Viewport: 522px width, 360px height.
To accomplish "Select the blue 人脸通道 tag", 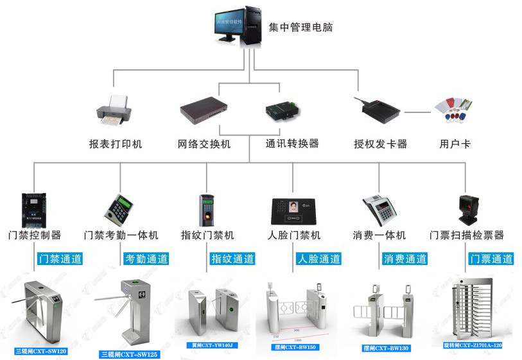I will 319,259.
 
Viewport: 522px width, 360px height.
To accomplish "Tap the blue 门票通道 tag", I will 491,259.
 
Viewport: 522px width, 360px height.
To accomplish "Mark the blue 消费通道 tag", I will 405,259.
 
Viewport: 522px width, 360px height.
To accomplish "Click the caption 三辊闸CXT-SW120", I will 41,352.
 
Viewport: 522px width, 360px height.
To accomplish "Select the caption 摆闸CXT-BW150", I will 295,347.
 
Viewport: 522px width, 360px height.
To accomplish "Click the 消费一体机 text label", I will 379,236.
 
